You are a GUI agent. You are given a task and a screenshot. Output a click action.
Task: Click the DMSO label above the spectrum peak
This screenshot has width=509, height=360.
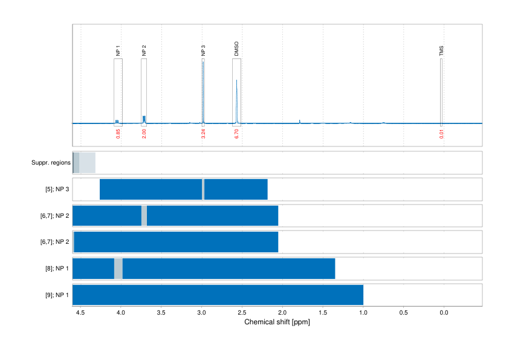click(x=236, y=50)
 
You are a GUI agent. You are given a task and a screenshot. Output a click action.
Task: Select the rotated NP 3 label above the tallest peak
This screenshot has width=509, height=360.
click(x=203, y=51)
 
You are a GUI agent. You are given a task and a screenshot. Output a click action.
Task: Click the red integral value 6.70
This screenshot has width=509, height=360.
click(x=236, y=134)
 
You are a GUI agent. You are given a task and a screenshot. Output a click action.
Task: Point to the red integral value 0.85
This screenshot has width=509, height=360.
click(x=118, y=134)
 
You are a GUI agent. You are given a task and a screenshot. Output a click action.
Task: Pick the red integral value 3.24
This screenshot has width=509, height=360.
click(x=203, y=134)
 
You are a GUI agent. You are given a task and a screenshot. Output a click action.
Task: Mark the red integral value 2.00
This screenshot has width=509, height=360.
click(x=144, y=134)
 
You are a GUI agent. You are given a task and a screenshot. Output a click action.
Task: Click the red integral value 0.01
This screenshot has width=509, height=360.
click(x=441, y=134)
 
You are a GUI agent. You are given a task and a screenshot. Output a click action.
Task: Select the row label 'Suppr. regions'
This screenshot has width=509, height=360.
click(x=51, y=163)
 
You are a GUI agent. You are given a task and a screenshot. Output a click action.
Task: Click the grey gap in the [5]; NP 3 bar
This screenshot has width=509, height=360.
click(x=203, y=189)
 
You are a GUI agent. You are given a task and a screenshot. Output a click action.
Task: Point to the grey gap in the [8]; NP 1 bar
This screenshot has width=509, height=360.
click(x=118, y=268)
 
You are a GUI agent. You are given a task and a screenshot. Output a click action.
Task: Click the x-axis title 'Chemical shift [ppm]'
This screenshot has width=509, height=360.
click(x=277, y=322)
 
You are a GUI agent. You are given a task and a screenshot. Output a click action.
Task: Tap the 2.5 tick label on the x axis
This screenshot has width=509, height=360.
click(x=242, y=313)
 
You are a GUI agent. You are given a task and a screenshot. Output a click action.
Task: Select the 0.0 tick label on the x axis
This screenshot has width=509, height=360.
click(x=444, y=313)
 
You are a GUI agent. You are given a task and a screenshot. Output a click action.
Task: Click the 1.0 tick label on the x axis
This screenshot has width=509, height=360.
click(x=363, y=313)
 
